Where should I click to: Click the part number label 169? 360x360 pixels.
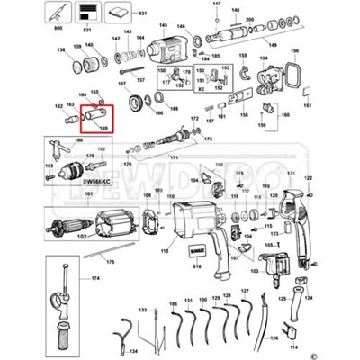coord(103,129)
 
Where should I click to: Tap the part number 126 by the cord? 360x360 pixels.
coord(273,339)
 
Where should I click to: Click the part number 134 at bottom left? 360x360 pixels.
coord(132,352)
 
